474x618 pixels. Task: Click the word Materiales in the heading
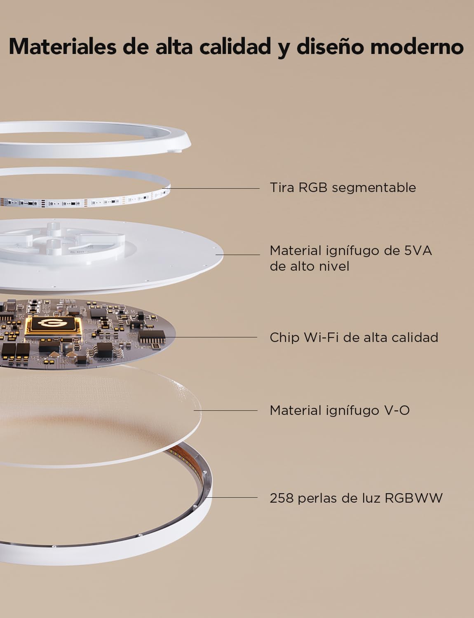pos(63,47)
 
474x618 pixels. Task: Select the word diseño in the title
pos(330,47)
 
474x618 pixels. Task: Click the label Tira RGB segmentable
pos(343,188)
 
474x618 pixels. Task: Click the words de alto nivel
pos(310,267)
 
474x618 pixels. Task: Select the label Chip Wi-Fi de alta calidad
pos(354,337)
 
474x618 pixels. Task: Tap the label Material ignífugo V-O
pos(340,410)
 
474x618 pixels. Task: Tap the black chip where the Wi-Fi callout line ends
pos(152,337)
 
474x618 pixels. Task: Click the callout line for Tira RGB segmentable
pos(211,188)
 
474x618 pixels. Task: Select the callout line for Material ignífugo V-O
pos(225,410)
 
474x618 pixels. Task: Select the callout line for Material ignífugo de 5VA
pos(237,255)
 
